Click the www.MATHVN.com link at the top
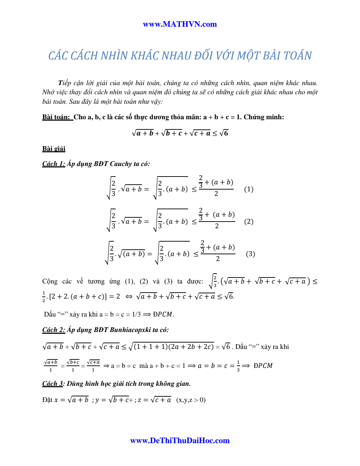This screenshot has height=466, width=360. click(180, 24)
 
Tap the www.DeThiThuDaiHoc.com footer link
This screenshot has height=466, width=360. click(180, 440)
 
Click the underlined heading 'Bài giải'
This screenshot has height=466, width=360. click(54, 149)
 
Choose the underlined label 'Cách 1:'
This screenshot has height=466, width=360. click(53, 164)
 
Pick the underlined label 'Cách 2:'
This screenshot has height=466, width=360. click(53, 330)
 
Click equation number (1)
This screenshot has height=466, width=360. click(249, 189)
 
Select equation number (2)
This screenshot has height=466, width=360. click(249, 222)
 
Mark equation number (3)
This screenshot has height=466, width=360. click(250, 254)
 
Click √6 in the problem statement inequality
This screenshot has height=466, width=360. click(224, 133)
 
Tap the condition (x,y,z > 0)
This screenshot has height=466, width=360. click(191, 400)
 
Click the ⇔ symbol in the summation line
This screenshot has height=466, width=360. click(129, 296)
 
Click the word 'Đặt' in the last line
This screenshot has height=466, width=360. click(47, 400)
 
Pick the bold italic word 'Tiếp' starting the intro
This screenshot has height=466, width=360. click(65, 83)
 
